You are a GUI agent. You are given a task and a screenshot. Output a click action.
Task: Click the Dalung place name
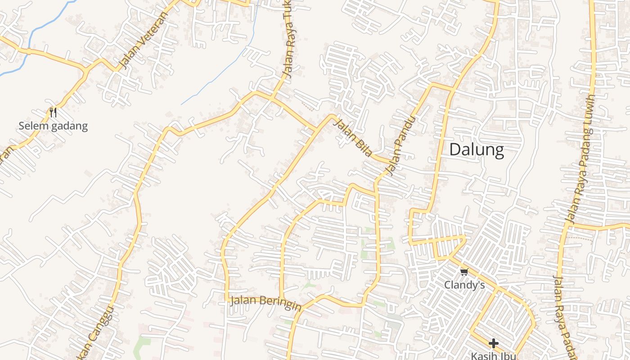(477, 149)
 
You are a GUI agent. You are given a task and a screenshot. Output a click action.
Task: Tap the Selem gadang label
(53, 126)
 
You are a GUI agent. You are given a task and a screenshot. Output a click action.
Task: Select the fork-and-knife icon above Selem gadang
(53, 112)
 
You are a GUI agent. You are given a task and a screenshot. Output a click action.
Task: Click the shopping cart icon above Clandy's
(464, 271)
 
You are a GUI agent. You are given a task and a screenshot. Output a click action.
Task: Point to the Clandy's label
(464, 285)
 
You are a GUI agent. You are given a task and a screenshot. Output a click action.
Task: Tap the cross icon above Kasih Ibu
(494, 343)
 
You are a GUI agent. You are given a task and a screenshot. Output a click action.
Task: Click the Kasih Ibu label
(493, 355)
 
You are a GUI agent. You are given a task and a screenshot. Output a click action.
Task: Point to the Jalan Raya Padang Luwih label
(581, 160)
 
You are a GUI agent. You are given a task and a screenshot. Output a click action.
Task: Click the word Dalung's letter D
(456, 149)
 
